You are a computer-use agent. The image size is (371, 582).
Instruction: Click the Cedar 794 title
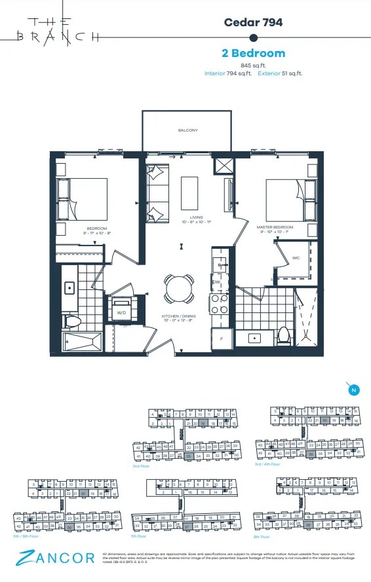coord(253,22)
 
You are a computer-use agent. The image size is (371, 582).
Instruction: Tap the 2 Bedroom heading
coord(253,53)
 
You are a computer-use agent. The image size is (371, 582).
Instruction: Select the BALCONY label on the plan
coord(187,130)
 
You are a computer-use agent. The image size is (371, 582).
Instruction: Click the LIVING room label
coord(197,217)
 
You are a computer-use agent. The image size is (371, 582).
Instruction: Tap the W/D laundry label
coord(121,313)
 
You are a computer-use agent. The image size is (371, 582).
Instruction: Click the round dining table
coord(178,287)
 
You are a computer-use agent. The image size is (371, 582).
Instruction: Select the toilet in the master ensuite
coord(284,335)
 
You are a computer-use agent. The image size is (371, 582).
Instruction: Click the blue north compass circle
coord(353,391)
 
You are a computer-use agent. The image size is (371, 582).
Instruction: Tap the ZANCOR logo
coord(48,558)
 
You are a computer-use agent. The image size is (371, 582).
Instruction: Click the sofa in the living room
coord(158,185)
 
